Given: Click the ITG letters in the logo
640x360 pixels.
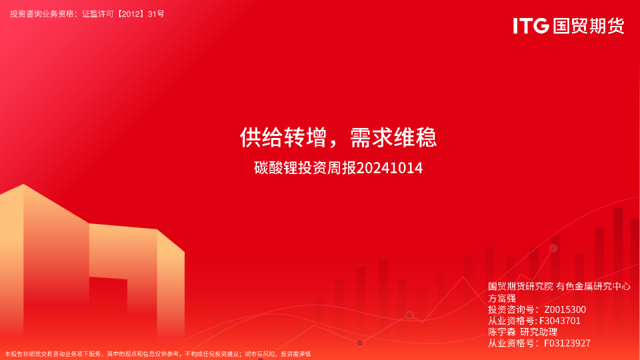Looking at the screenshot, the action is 531,26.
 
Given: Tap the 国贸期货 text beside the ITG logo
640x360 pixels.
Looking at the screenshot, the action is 589,26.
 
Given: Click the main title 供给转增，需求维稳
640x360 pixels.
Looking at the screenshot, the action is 339,137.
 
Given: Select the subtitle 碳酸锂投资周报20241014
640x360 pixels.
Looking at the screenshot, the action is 339,168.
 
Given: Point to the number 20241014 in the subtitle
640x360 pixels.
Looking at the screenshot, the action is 389,168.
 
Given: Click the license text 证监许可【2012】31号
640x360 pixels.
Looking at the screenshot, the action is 123,14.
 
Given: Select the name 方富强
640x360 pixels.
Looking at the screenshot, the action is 501,298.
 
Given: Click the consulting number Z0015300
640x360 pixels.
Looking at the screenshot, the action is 565,309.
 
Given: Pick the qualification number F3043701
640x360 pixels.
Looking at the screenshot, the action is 559,321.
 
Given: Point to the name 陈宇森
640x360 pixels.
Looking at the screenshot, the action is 501,332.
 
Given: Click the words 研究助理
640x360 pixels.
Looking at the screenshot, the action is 539,332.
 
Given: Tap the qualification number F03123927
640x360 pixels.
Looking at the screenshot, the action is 567,343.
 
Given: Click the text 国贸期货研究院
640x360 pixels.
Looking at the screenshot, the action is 521,287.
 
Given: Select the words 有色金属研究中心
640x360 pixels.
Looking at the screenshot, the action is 593,287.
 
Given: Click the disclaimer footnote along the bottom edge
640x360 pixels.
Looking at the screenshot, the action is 158,354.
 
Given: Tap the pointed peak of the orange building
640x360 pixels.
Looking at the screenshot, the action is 23,185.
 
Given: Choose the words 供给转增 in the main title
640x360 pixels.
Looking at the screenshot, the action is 283,137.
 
